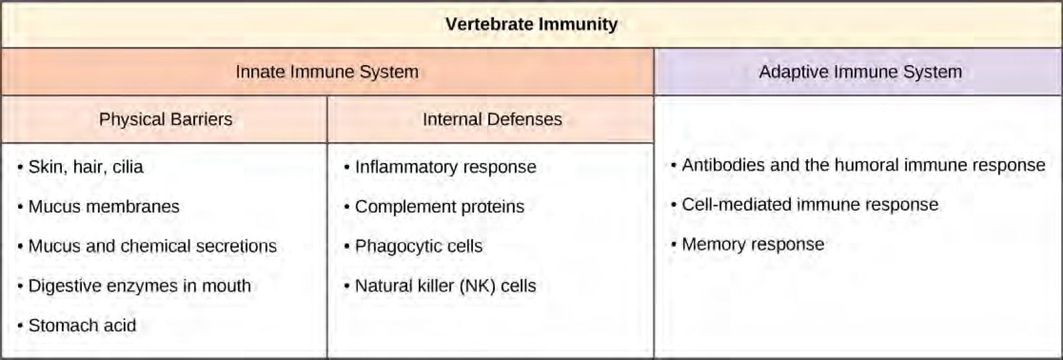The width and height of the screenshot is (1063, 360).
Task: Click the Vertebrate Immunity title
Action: tap(531, 24)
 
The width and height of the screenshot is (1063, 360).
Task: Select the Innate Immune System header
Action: tap(327, 71)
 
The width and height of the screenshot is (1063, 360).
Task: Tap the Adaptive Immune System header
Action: tap(860, 71)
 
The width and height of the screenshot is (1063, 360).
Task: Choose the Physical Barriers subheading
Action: tap(166, 119)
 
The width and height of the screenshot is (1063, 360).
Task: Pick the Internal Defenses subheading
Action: tap(492, 119)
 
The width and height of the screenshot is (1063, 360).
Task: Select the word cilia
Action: tap(128, 167)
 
